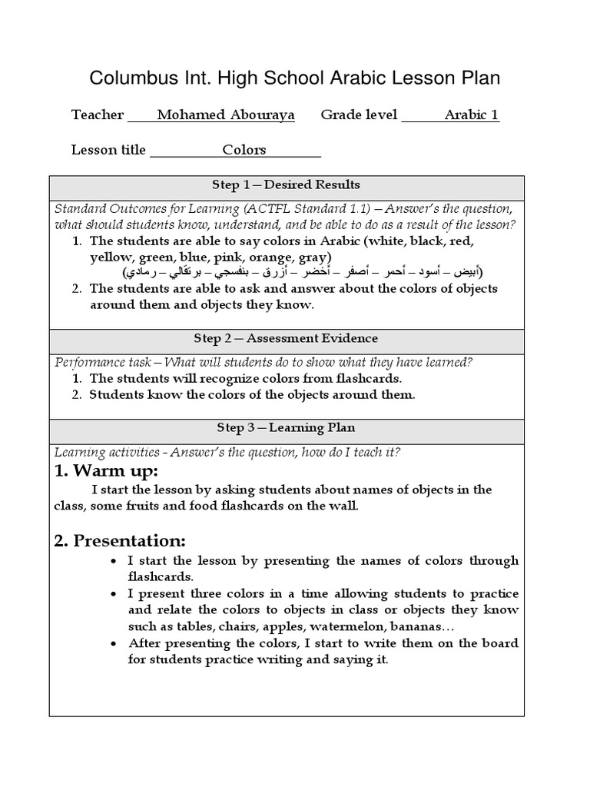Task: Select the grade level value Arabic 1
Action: [472, 115]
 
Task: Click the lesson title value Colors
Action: [244, 150]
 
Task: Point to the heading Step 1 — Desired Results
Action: [286, 185]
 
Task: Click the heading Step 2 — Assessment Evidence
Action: [286, 339]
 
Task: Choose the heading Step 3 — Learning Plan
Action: [286, 428]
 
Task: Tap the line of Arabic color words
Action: [303, 273]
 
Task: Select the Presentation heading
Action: [120, 541]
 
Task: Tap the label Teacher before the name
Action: [97, 115]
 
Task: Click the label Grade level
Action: [359, 115]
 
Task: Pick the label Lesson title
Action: [108, 150]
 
